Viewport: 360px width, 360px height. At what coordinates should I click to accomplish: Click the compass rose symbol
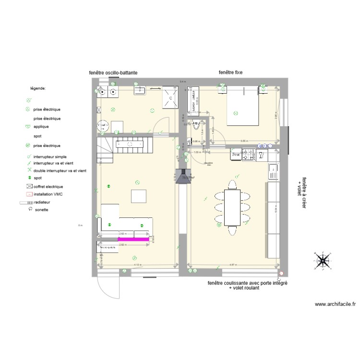(x=323, y=260)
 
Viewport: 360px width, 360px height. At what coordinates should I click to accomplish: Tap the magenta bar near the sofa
(x=134, y=238)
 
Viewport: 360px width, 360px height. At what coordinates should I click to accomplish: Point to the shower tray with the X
(x=170, y=97)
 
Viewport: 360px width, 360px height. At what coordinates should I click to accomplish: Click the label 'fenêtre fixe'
(x=230, y=72)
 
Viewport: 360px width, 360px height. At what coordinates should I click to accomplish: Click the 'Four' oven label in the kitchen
(x=236, y=155)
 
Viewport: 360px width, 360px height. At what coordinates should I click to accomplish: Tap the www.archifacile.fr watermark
(x=335, y=304)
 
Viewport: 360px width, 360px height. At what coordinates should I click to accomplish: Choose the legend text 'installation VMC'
(x=49, y=194)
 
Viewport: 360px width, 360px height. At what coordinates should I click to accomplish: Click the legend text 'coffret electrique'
(x=48, y=186)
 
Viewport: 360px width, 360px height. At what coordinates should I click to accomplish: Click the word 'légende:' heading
(x=38, y=89)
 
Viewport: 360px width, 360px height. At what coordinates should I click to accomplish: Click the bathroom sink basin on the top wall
(x=140, y=89)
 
